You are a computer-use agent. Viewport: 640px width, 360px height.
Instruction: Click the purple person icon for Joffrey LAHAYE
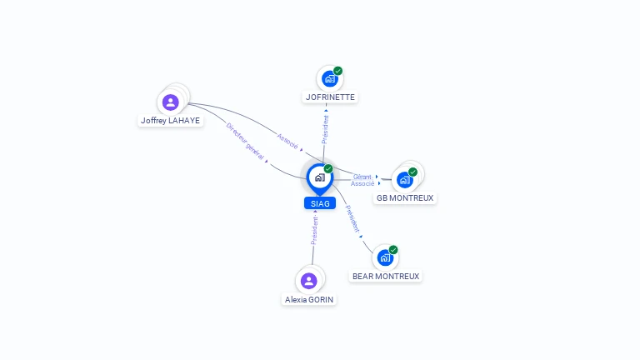171,102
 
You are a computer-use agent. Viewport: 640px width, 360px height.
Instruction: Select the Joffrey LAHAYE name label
171,121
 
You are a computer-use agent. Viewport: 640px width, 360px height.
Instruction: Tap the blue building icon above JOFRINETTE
330,79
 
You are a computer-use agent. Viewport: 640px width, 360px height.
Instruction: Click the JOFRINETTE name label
330,97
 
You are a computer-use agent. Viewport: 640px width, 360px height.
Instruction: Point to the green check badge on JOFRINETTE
338,71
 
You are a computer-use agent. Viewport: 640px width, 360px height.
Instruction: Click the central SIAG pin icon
319,177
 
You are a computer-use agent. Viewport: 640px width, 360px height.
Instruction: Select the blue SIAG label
319,203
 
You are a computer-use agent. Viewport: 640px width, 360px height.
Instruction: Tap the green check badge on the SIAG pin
328,168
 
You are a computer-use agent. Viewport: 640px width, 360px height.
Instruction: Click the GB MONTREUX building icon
405,180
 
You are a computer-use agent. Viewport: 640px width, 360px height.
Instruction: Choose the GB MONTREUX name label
405,198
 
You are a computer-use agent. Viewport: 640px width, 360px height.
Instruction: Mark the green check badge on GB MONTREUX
413,172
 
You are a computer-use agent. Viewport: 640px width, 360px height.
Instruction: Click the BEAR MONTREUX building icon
385,257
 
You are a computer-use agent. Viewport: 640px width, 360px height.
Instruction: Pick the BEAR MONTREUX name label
386,276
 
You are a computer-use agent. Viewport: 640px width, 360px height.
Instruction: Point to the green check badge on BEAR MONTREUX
393,249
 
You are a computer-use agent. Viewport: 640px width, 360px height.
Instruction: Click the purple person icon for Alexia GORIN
309,281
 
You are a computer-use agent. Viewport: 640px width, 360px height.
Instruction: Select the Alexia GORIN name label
309,299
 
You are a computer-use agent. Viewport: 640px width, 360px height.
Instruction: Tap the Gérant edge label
362,177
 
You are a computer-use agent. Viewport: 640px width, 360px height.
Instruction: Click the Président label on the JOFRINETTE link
326,129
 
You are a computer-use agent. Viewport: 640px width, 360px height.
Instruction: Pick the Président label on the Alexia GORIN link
314,230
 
